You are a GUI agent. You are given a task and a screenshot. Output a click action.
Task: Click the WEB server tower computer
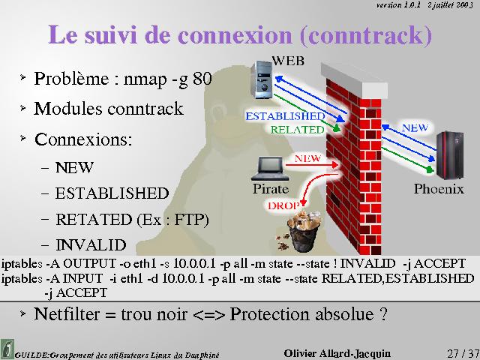(262, 79)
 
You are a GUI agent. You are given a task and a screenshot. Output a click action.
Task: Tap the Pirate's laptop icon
(270, 169)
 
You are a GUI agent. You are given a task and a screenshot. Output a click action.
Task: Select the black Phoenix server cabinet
(450, 155)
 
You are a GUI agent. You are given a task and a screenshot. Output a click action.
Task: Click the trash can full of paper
(304, 231)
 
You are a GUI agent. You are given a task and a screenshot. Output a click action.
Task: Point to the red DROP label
(283, 205)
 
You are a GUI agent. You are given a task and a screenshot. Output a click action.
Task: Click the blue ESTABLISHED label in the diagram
(285, 116)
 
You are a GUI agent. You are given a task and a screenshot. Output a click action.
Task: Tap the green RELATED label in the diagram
(297, 130)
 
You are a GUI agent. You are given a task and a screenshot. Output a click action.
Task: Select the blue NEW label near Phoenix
(415, 127)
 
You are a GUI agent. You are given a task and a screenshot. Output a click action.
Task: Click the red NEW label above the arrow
(307, 158)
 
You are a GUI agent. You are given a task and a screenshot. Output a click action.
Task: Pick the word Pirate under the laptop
(271, 188)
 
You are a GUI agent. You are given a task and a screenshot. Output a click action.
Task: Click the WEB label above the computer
(288, 61)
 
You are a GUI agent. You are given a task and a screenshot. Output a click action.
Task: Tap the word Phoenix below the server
(439, 188)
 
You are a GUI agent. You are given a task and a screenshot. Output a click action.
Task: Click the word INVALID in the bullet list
(91, 245)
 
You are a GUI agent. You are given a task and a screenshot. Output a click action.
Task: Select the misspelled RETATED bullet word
(94, 220)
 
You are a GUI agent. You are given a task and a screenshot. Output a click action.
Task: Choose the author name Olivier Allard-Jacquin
(337, 353)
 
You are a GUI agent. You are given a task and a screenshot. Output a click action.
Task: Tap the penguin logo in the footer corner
(7, 349)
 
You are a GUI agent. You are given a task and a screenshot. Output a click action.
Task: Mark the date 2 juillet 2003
(450, 5)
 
